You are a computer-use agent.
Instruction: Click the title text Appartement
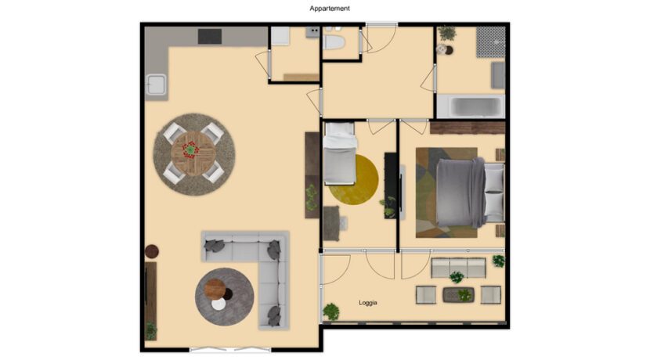[330, 9]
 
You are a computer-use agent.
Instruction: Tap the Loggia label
[368, 303]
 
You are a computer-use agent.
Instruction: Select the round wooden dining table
[193, 153]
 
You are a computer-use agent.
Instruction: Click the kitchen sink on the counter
[157, 85]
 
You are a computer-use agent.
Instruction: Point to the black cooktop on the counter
[210, 36]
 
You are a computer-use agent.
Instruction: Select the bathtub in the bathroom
[471, 106]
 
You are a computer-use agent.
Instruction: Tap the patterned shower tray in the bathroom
[491, 41]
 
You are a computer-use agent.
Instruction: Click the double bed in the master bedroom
[470, 193]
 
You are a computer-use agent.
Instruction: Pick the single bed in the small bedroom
[340, 153]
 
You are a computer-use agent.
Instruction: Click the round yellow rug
[355, 180]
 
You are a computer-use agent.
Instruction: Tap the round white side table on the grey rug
[218, 304]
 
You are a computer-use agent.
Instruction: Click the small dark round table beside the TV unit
[152, 251]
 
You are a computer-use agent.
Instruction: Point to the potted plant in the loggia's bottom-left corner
[330, 312]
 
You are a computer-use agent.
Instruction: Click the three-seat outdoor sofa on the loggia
[458, 268]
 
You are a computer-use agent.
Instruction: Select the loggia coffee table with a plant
[458, 295]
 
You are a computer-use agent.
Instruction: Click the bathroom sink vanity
[498, 75]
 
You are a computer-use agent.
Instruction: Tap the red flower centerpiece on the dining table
[190, 149]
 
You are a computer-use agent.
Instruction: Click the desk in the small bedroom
[331, 223]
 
